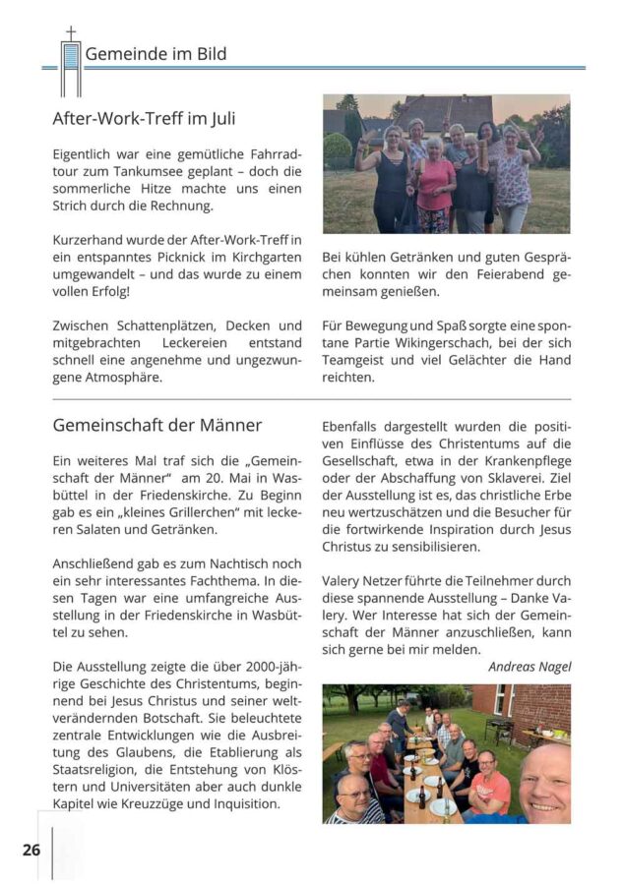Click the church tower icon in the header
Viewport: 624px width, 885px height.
pos(71,63)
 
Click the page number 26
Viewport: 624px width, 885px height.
pos(31,849)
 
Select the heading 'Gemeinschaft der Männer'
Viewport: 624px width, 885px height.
pos(156,426)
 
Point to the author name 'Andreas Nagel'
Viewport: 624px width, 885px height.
pos(530,667)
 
